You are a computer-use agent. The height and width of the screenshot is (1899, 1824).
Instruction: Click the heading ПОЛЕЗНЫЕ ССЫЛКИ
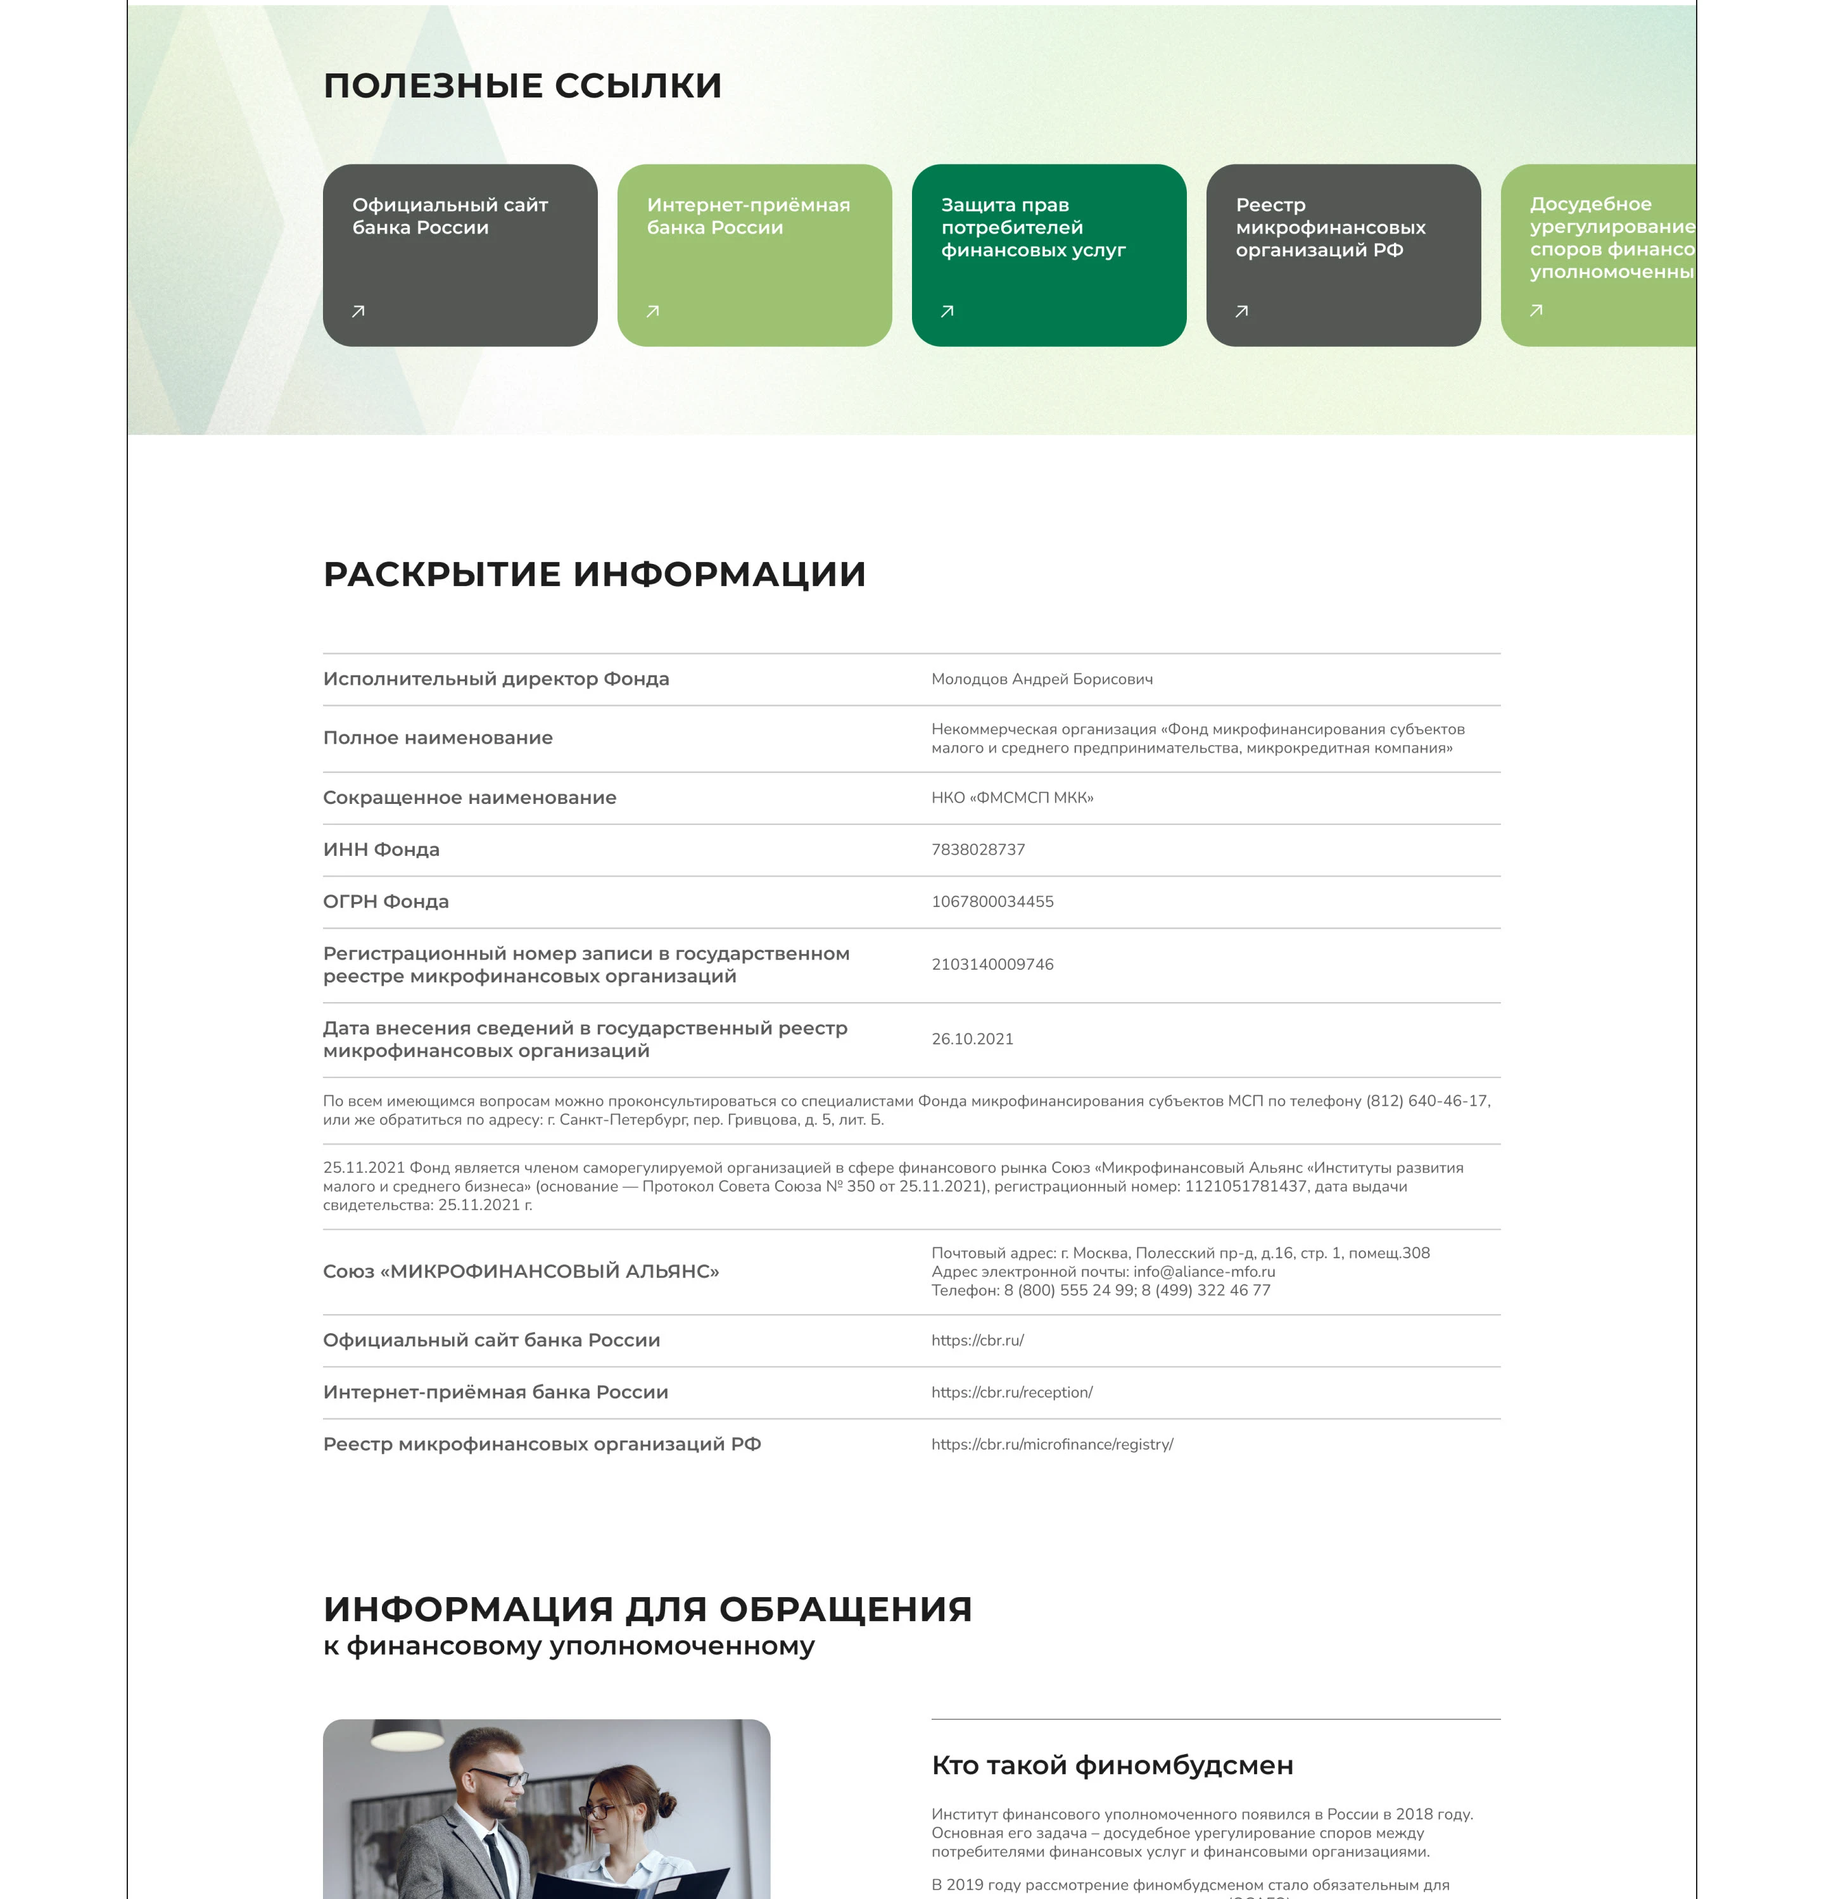click(x=522, y=85)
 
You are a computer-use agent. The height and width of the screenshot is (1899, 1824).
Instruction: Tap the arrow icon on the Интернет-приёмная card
click(x=652, y=311)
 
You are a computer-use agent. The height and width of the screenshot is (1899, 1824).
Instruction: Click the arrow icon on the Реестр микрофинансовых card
click(x=1241, y=311)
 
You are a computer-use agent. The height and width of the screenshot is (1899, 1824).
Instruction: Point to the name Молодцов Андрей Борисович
click(x=1041, y=679)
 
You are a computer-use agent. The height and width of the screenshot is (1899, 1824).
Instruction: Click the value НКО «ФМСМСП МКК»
click(x=1012, y=798)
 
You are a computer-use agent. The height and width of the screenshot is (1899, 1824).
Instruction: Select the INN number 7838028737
click(x=977, y=849)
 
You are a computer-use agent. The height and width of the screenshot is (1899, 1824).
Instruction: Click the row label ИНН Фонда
click(x=381, y=849)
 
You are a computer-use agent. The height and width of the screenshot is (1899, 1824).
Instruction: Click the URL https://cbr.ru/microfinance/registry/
click(x=1051, y=1444)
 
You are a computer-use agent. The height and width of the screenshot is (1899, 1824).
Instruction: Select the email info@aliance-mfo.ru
click(x=1204, y=1271)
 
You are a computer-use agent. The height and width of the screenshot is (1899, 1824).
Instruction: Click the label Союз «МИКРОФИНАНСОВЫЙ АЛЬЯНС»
click(x=521, y=1271)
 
